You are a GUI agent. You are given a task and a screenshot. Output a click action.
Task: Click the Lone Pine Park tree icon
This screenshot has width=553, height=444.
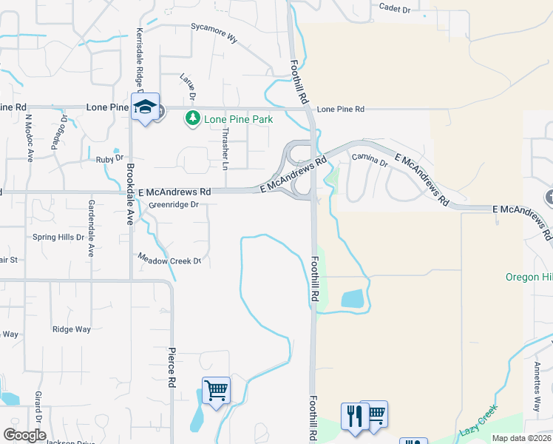pyautogui.click(x=194, y=118)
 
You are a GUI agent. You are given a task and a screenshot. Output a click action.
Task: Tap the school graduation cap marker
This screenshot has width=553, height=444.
pyautogui.click(x=146, y=107)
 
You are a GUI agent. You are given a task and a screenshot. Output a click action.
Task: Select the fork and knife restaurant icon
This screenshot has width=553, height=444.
pyautogui.click(x=353, y=415)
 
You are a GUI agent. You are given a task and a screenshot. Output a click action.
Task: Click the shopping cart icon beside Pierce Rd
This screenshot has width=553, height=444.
pyautogui.click(x=216, y=389)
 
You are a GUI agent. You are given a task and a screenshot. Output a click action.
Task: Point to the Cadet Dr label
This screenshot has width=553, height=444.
pyautogui.click(x=394, y=7)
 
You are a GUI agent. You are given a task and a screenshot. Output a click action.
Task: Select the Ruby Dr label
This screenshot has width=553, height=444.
pyautogui.click(x=109, y=159)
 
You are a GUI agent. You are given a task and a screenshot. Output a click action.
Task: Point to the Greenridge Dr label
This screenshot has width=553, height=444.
pyautogui.click(x=174, y=204)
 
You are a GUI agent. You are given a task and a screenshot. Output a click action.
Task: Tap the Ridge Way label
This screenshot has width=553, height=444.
pyautogui.click(x=72, y=329)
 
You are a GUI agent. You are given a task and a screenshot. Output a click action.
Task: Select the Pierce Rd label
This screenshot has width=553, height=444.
pyautogui.click(x=171, y=367)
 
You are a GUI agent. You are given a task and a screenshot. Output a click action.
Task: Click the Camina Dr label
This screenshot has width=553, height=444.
pyautogui.click(x=370, y=158)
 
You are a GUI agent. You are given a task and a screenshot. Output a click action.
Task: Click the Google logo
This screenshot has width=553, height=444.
pyautogui.click(x=24, y=435)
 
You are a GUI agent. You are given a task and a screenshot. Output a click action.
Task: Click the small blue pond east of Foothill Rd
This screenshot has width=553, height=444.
pyautogui.click(x=352, y=299)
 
